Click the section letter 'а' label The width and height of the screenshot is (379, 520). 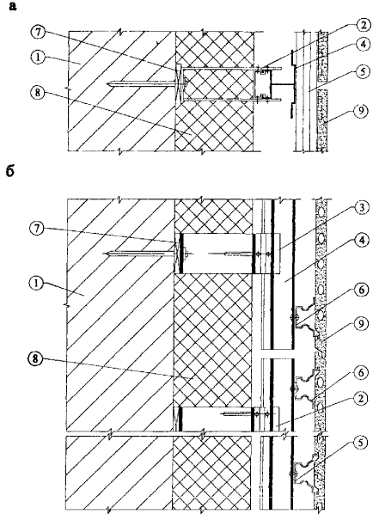point(13,6)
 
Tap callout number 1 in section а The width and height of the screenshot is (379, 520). point(39,58)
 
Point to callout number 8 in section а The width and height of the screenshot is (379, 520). point(37,93)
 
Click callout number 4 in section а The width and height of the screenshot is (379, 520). point(364,44)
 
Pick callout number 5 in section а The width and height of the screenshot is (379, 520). point(363,71)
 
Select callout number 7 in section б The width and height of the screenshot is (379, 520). point(37,230)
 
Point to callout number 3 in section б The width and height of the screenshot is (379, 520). point(362,208)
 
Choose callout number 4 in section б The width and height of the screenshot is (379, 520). point(362,241)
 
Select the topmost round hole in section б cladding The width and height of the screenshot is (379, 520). point(321,211)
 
